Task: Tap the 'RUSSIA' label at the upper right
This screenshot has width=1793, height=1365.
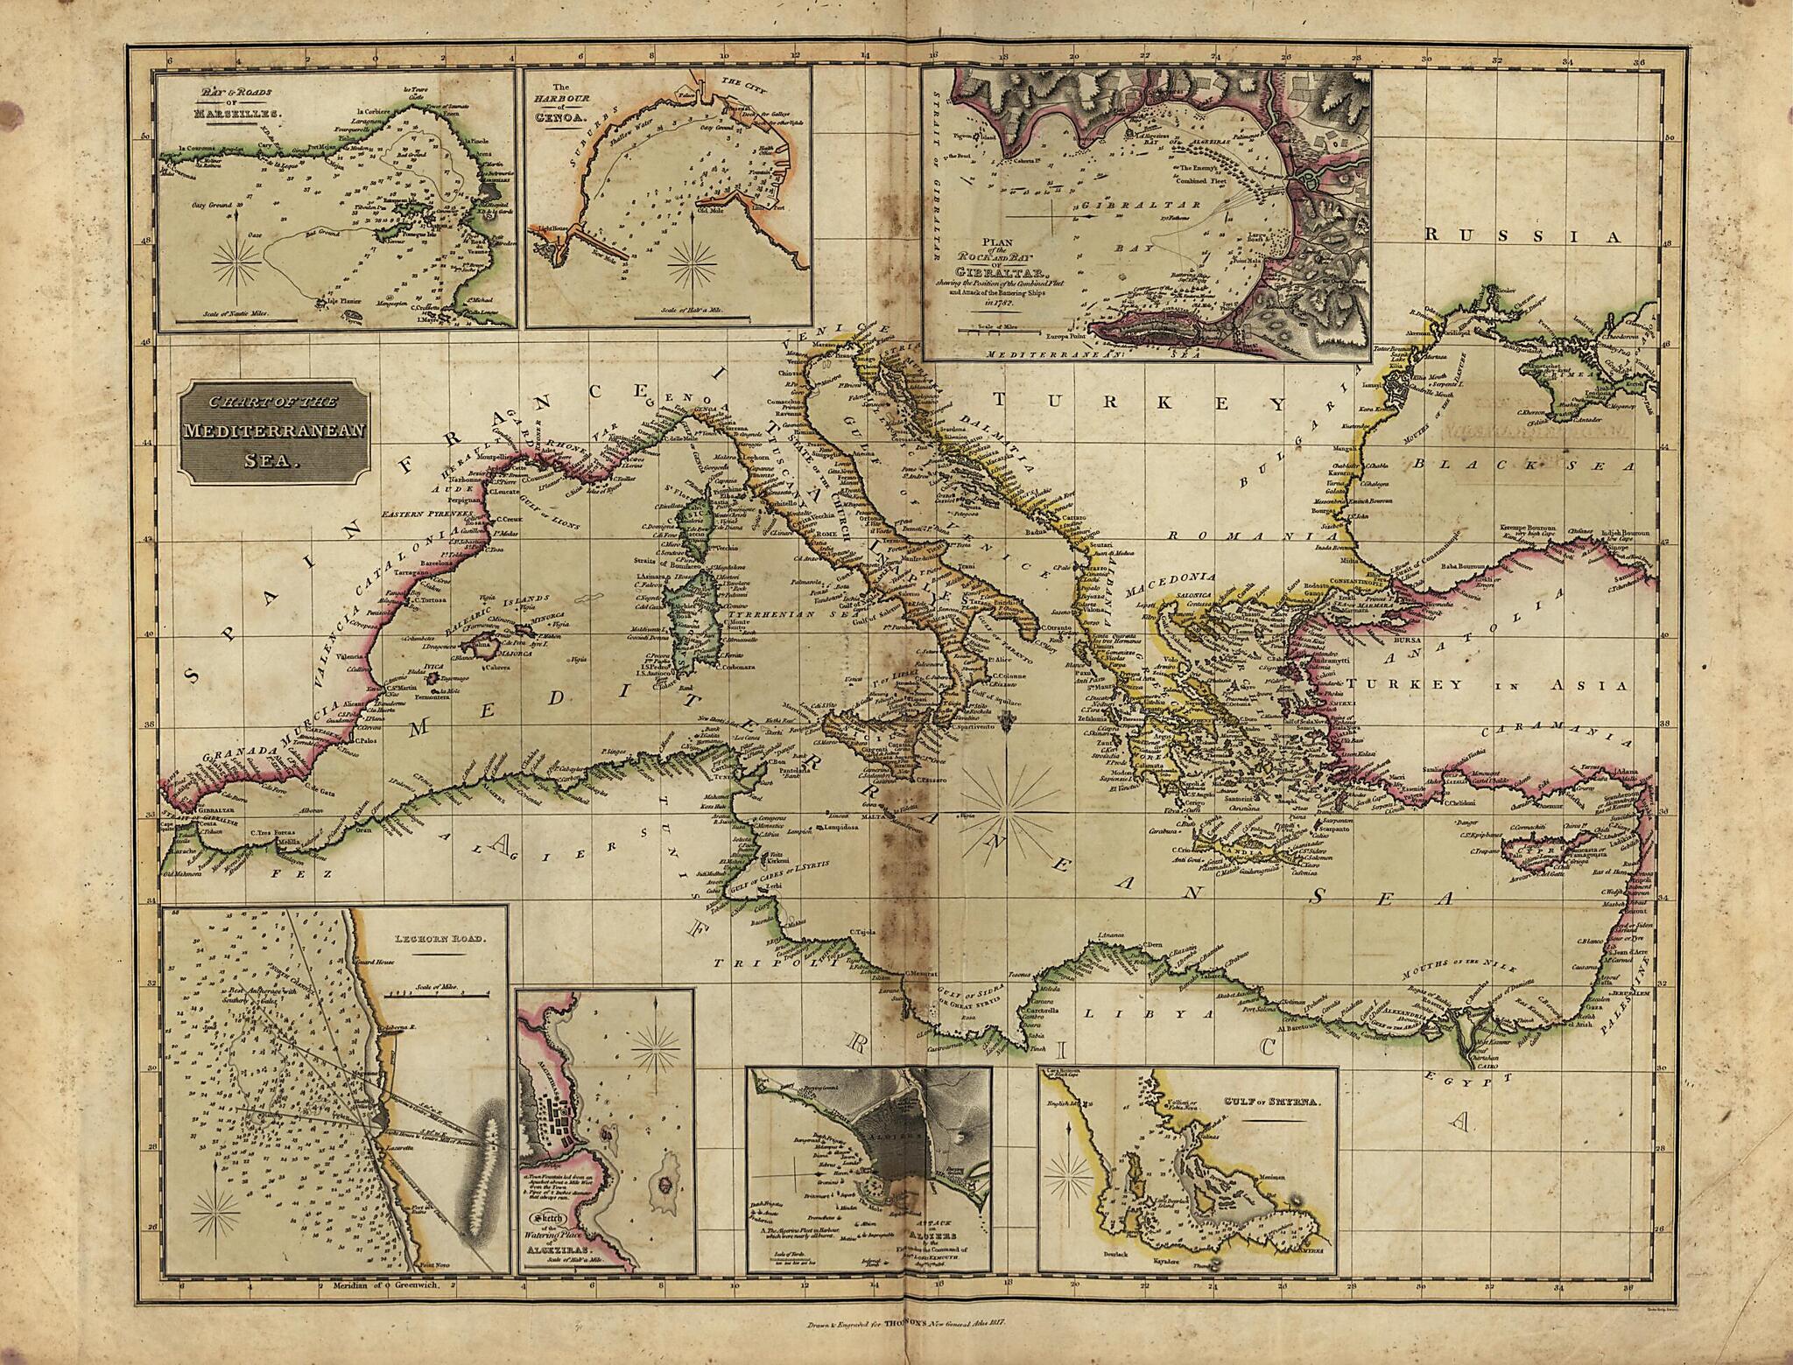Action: (x=1532, y=235)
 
